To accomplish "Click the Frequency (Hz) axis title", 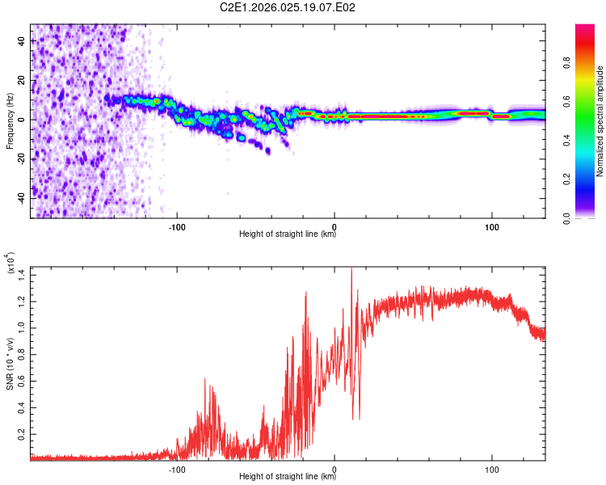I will [10, 121].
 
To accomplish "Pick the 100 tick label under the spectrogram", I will [491, 226].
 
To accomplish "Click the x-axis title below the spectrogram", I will [288, 234].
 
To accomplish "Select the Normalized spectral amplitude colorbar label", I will [600, 121].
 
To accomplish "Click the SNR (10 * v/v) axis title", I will [10, 364].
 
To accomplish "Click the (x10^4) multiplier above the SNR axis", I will [10, 264].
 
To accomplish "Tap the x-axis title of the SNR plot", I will [288, 477].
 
